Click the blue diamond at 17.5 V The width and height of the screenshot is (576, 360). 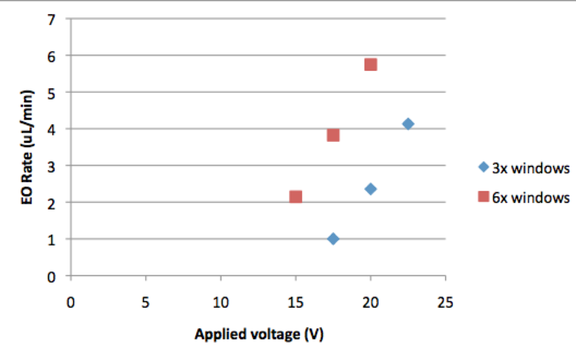[x=333, y=238]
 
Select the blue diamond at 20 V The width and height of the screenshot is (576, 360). [x=371, y=189]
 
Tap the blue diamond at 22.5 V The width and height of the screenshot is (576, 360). [x=408, y=124]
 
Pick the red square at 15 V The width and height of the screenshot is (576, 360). [x=296, y=196]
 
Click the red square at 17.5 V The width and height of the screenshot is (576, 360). [x=333, y=135]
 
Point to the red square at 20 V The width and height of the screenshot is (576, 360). [x=371, y=64]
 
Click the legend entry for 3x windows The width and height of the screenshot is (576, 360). [x=524, y=168]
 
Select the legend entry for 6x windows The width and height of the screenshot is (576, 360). [x=524, y=197]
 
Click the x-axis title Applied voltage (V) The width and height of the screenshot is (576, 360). [x=259, y=334]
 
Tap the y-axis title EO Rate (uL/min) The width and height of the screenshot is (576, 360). [x=27, y=147]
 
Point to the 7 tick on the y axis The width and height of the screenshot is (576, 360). [x=51, y=19]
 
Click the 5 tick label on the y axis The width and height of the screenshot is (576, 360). [x=51, y=93]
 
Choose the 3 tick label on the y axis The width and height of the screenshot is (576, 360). [x=51, y=166]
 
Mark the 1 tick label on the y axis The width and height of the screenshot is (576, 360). [x=51, y=240]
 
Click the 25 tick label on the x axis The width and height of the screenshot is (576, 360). [x=445, y=302]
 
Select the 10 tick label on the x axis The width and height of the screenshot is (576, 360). [x=220, y=302]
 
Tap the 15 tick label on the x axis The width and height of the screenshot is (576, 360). [x=295, y=302]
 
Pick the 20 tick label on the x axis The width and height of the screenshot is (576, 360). [x=370, y=302]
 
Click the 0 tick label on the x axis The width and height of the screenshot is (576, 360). [x=70, y=302]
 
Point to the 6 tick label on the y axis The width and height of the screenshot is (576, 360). [x=51, y=57]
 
